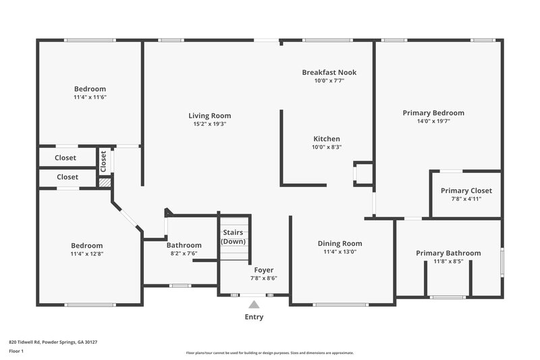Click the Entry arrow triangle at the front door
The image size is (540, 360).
tap(254, 305)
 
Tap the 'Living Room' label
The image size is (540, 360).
tap(209, 115)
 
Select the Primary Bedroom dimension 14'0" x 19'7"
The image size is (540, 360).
tap(433, 122)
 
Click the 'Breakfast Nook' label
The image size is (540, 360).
tap(329, 72)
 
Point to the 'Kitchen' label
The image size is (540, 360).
tap(326, 138)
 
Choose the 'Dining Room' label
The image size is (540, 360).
tap(340, 243)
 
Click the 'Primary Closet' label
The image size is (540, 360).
tap(466, 190)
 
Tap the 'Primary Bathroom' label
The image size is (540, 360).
tap(448, 253)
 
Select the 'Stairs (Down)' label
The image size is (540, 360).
tap(234, 237)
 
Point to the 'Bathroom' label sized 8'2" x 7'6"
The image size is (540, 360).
tap(184, 245)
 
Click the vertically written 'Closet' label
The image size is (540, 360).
tap(103, 160)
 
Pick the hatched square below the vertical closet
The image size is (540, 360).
tap(105, 182)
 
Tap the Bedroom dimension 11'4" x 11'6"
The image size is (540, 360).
tap(90, 97)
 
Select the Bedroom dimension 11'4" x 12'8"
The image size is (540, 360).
tap(87, 254)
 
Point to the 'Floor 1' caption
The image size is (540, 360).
tap(16, 351)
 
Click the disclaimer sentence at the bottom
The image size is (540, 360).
tap(269, 353)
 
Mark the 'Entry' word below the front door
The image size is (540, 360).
tap(254, 317)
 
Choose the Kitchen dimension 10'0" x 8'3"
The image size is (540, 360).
tap(326, 147)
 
